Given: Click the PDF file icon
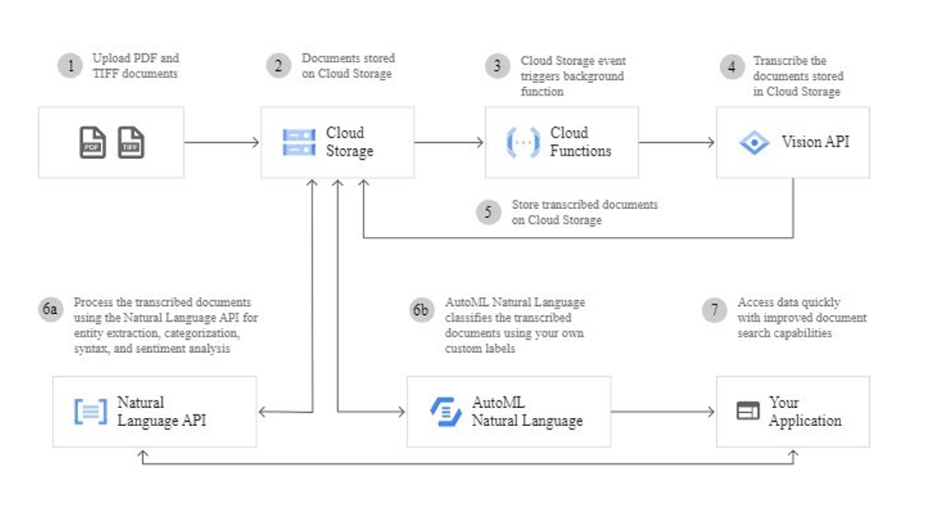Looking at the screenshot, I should [x=92, y=142].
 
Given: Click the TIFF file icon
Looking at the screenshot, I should [x=131, y=142].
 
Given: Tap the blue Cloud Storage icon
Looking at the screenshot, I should [x=298, y=142].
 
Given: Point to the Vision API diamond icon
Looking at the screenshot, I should [x=753, y=142].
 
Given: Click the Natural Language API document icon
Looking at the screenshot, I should [x=90, y=411].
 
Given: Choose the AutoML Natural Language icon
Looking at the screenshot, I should [x=446, y=411].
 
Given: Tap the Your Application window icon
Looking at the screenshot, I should [x=747, y=411].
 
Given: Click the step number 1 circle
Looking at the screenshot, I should [x=70, y=66].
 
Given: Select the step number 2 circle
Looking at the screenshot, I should [x=278, y=66].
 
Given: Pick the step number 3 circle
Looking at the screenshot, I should [x=497, y=66].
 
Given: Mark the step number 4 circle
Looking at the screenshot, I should [x=732, y=66].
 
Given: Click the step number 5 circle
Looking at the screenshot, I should [x=488, y=212].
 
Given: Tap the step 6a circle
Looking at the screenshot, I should [x=51, y=309].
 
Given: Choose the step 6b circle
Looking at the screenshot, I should [x=422, y=309].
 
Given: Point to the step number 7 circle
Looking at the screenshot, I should [x=714, y=309].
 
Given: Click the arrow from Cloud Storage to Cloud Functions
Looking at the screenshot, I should [x=449, y=142].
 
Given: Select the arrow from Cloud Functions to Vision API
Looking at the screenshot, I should [x=677, y=142].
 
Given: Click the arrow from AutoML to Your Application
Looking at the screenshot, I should [x=663, y=411].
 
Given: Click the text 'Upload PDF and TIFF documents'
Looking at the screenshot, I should [x=135, y=66].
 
